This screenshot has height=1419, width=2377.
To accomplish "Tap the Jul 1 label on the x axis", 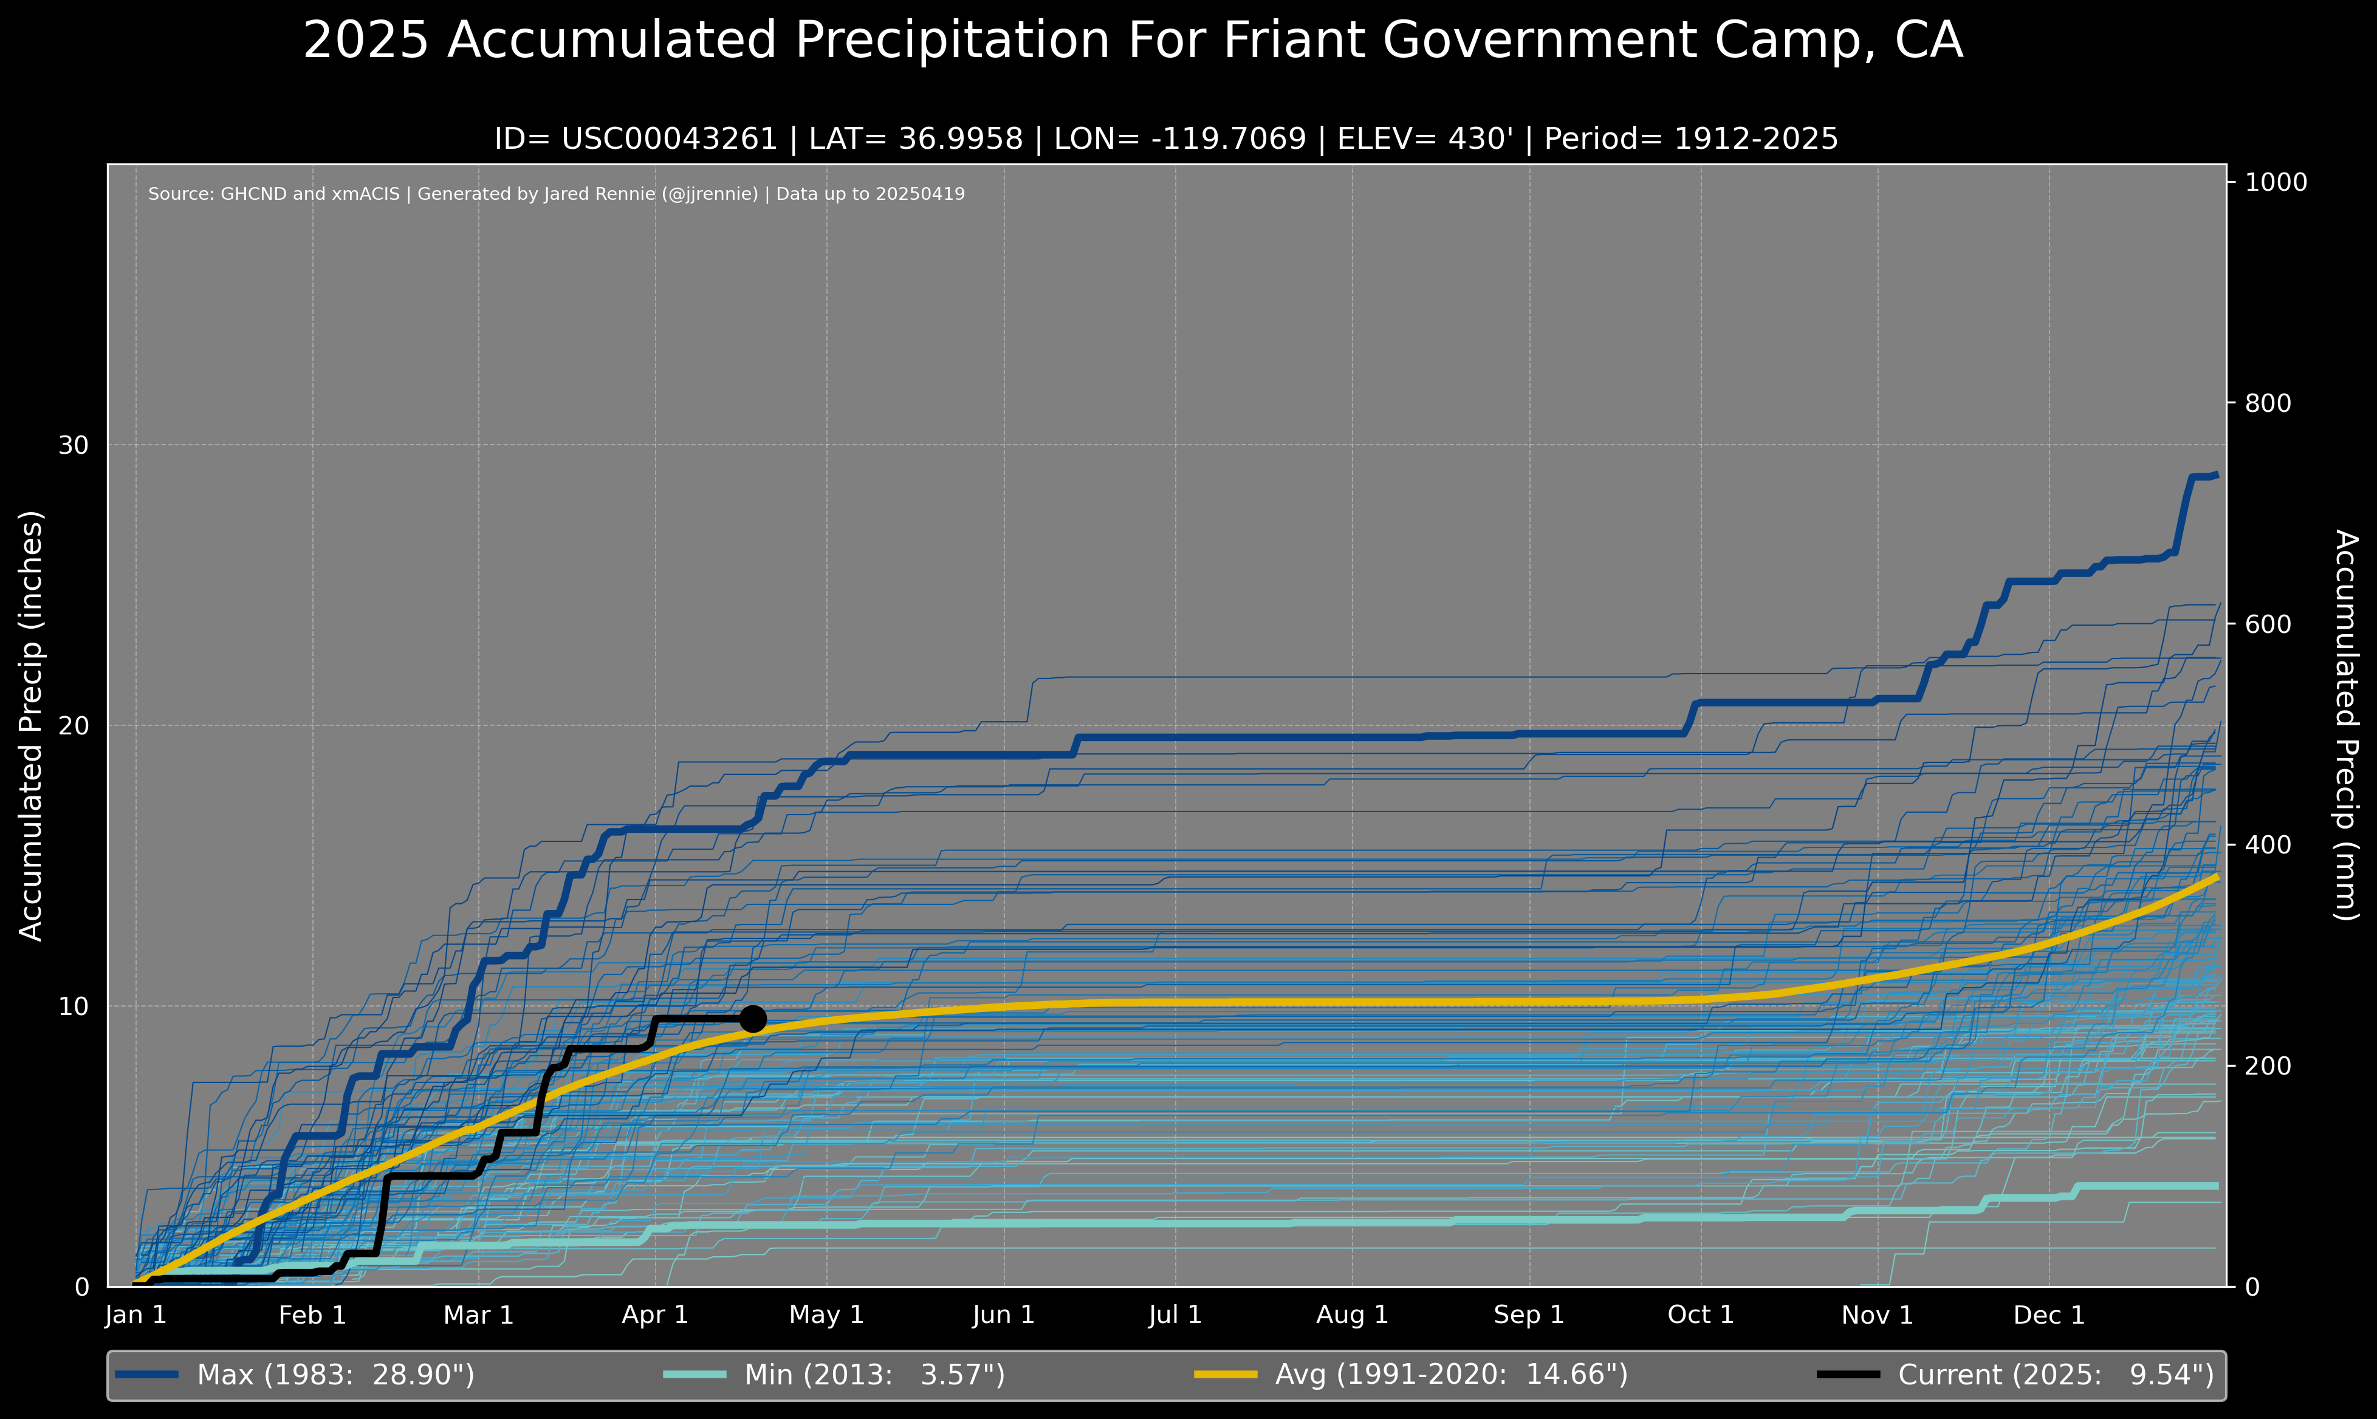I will point(1175,1315).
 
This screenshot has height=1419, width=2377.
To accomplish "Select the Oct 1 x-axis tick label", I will point(1700,1315).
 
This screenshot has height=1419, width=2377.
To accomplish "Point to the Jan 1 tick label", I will point(135,1315).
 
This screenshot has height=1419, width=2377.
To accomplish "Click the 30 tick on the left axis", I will point(74,446).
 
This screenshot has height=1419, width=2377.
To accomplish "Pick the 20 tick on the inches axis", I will point(74,726).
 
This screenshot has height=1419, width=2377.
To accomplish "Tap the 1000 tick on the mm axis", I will point(2276,182).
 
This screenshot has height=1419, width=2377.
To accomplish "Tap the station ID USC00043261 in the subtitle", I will point(670,140).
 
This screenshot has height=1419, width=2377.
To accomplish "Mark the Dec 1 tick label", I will point(2048,1315).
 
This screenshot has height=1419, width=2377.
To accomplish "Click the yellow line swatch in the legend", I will point(1225,1375).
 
